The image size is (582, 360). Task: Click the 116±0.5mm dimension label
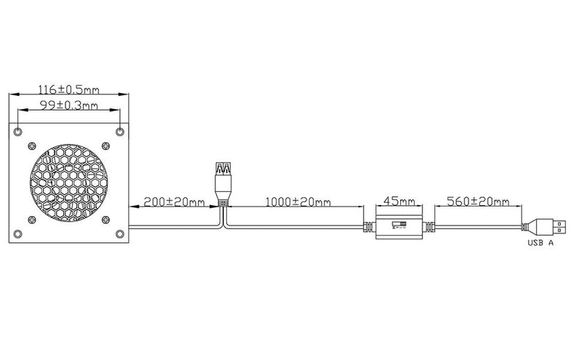[x=68, y=89]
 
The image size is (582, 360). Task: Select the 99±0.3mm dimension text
[x=68, y=105]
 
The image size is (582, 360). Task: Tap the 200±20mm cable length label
[x=174, y=202]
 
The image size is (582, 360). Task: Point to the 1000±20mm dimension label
[x=298, y=202]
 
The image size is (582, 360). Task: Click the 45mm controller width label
[x=399, y=201]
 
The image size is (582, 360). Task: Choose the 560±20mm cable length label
[x=478, y=201]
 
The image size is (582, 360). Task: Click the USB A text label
[x=541, y=243]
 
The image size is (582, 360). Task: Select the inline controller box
[x=399, y=226]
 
